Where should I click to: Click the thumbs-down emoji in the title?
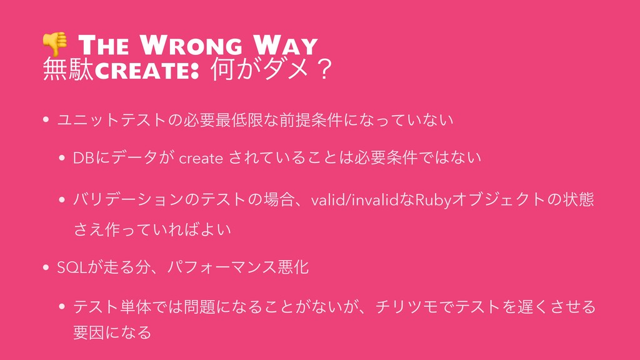tap(55, 44)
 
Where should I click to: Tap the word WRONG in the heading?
tap(191, 45)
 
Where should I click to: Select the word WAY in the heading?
tap(285, 45)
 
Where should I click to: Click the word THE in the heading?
tap(104, 45)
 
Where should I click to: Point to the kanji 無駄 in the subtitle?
tap(68, 69)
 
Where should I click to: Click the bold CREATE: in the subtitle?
tap(147, 70)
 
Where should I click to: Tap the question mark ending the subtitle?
tap(325, 69)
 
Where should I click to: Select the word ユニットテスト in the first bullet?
tap(112, 120)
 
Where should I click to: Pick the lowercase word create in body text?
tap(201, 158)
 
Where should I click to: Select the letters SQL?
tap(72, 267)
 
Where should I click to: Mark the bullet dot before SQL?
tap(46, 267)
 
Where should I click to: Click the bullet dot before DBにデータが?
tap(62, 158)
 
